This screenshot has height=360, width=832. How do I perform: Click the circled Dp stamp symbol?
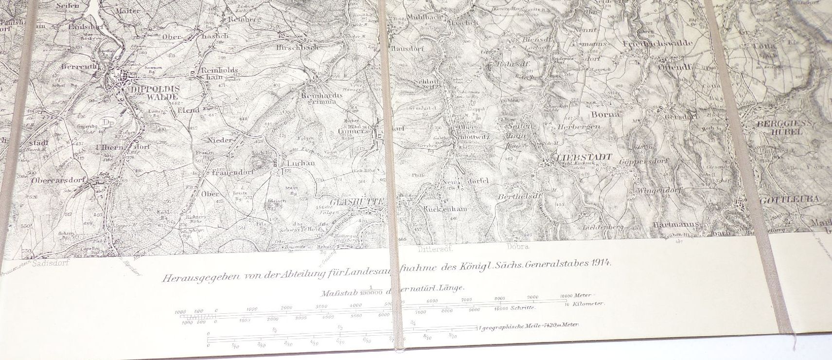click(x=106, y=122)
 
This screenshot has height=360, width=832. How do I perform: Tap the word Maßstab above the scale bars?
click(x=338, y=293)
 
